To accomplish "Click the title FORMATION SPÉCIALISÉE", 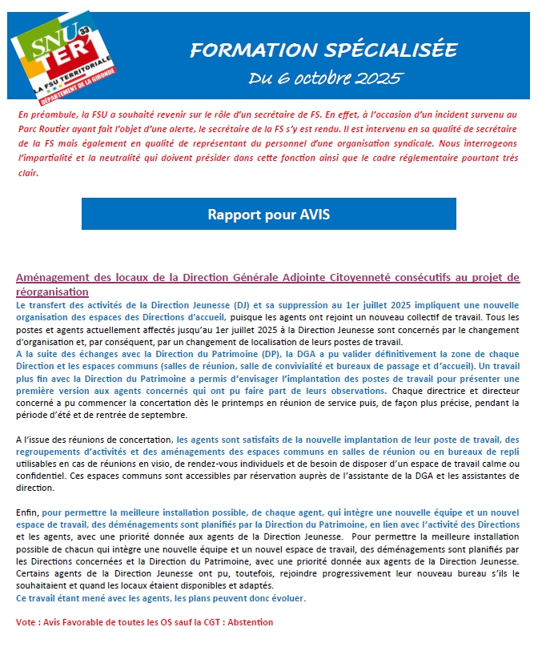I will (323, 50).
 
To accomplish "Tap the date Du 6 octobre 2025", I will (326, 78).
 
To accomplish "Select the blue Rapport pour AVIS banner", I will (268, 215).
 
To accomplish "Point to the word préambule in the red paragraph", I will (51, 115).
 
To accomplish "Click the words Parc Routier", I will (45, 127).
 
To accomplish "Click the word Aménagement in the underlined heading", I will (52, 278).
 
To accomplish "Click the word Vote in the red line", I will (26, 622).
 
